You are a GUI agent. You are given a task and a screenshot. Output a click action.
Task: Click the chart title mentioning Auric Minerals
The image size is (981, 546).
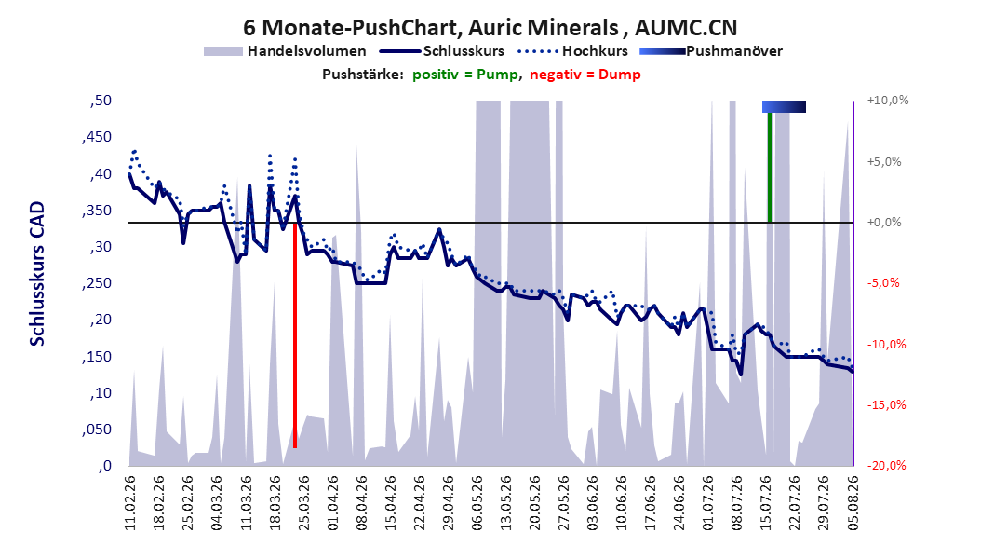coord(490,28)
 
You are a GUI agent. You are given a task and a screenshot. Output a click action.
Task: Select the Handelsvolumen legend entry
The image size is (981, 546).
coord(285,51)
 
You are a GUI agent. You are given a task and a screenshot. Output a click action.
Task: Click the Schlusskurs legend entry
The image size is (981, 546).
coord(442,51)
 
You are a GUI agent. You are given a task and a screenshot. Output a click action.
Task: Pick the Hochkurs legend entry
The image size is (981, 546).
coord(572,51)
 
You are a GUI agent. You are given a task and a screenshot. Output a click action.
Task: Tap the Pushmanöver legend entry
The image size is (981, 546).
coord(711,51)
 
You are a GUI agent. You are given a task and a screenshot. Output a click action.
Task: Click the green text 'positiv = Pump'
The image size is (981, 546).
coord(464,75)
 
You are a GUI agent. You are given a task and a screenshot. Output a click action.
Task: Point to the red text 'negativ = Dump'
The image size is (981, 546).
coord(585,75)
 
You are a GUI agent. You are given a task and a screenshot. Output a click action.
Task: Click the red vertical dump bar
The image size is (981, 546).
coord(295,335)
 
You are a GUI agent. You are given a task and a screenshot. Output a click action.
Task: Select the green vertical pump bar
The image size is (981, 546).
coord(770,167)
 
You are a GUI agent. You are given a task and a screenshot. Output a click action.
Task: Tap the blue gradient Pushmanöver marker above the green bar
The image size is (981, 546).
coord(784,106)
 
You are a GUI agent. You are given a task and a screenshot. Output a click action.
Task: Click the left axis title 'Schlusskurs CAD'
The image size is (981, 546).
coord(37,273)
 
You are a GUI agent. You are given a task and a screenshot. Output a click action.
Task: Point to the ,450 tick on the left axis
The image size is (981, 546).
coord(97,137)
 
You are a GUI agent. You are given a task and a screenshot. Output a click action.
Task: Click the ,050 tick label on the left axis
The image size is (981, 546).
coord(97,430)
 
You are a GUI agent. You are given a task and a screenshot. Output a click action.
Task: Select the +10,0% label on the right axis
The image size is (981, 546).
coord(888,101)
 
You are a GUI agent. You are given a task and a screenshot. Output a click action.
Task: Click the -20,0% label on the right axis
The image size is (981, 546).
coord(886,465)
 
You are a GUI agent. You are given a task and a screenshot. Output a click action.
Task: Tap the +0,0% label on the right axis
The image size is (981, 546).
coord(884,223)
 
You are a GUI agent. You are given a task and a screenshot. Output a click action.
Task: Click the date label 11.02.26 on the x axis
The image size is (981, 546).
coord(130,503)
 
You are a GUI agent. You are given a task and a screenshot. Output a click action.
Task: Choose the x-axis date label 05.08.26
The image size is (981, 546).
coord(853,503)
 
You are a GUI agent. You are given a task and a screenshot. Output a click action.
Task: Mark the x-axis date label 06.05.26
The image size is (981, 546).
coord(477,503)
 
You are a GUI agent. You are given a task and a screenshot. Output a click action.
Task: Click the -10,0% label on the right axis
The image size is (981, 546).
coord(886,344)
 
